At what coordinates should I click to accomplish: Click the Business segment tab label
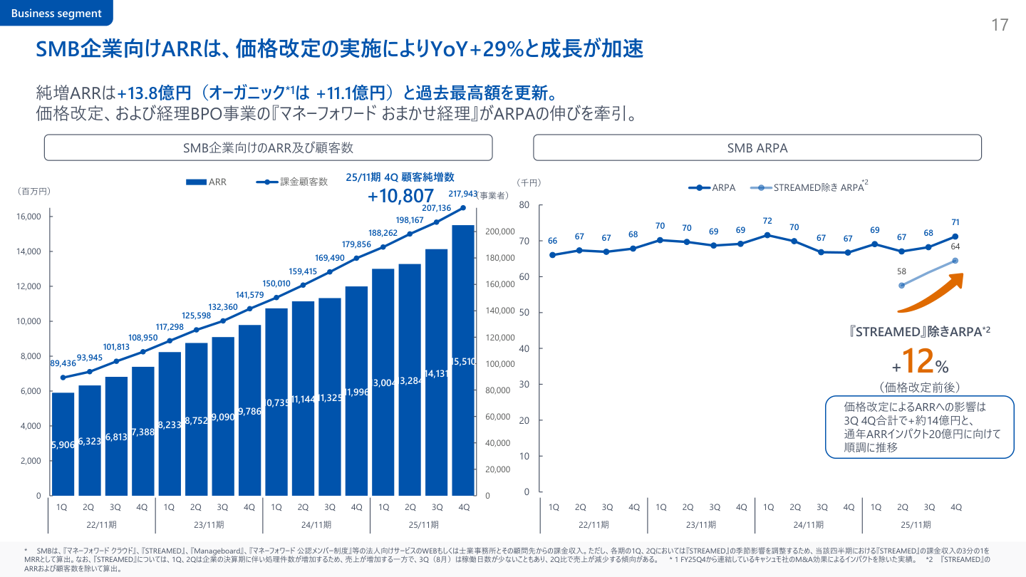tap(56, 14)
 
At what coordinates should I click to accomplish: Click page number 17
tap(1000, 26)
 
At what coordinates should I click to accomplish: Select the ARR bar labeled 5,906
tap(63, 444)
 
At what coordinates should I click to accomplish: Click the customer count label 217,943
tap(463, 194)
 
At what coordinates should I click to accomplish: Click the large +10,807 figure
tap(400, 196)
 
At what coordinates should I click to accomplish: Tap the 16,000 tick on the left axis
tap(29, 217)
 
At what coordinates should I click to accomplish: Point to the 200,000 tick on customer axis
tap(499, 232)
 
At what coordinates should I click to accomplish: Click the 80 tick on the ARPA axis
tap(524, 205)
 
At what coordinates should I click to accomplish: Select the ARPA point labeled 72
tap(767, 235)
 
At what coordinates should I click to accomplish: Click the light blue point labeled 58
tap(902, 286)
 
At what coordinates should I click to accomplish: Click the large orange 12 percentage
tap(917, 361)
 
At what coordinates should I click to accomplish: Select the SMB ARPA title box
tap(757, 148)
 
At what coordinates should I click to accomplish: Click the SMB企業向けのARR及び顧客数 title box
tap(268, 148)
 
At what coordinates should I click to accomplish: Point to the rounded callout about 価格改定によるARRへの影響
tap(919, 427)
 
